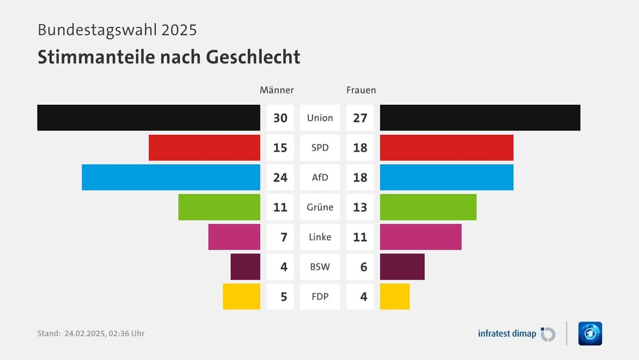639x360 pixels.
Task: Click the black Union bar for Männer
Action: tap(148, 118)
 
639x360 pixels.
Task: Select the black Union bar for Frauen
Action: tap(480, 118)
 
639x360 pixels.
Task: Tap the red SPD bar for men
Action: tap(204, 148)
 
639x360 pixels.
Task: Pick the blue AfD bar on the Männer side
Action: tap(171, 177)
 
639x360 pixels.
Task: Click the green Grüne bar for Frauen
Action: tap(428, 207)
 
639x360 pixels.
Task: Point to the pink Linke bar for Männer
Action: tap(234, 237)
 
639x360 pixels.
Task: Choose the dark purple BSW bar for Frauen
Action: tap(402, 267)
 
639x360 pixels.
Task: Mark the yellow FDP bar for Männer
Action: tap(242, 297)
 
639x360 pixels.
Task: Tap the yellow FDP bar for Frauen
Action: tap(394, 297)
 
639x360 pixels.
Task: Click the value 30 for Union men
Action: tap(280, 118)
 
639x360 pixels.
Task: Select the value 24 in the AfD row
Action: tap(280, 178)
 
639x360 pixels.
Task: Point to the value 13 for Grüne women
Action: tap(360, 207)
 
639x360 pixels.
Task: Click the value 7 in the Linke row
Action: tap(283, 237)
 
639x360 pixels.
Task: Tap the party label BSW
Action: tap(319, 267)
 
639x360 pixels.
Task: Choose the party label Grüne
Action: tap(319, 207)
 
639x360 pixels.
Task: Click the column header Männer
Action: tap(277, 90)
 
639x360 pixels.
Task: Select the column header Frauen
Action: tap(361, 90)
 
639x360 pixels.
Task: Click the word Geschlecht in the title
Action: tap(252, 57)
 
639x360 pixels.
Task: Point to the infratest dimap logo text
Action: tap(507, 333)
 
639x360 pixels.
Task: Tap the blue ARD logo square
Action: tap(590, 333)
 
